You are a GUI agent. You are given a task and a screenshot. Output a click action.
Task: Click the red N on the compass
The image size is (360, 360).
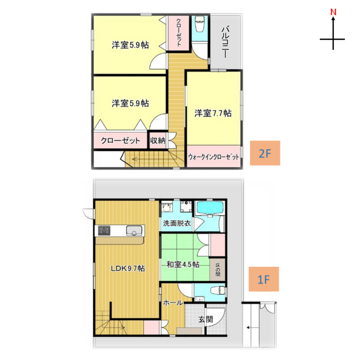(x=333, y=12)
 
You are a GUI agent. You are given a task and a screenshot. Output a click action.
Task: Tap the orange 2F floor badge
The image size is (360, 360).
(x=265, y=153)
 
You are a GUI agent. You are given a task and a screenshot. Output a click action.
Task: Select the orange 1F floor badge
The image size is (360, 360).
(x=264, y=279)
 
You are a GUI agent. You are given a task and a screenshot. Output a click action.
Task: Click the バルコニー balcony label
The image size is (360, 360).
(x=226, y=42)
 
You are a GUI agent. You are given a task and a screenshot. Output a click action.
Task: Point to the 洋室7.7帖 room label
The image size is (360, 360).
(x=213, y=113)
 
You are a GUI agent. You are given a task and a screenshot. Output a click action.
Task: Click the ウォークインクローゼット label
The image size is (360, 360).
(x=213, y=157)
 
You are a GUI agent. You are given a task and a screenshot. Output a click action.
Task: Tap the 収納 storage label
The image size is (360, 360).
(x=157, y=140)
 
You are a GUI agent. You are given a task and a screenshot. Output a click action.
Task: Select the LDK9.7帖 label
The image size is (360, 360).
(x=128, y=268)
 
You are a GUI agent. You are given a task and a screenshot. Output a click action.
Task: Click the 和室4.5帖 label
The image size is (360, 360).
(x=183, y=265)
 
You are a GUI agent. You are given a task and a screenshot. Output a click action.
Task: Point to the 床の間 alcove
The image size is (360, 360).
(x=217, y=269)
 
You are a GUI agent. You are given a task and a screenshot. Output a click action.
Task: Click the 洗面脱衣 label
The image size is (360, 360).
(x=177, y=223)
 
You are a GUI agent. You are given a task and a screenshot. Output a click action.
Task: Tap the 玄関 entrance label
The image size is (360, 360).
(x=206, y=319)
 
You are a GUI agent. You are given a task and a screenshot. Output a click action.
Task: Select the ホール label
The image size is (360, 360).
(x=173, y=303)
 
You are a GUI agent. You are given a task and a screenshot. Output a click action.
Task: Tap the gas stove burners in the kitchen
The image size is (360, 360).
(x=104, y=230)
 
